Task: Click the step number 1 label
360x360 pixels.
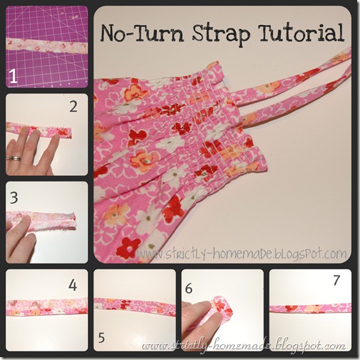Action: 14,76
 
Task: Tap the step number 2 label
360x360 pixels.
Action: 74,106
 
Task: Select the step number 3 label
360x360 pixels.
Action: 14,198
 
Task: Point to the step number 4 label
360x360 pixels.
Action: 73,285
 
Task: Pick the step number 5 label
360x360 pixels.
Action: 101,337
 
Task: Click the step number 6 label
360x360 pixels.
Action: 189,289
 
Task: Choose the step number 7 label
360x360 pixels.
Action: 336,280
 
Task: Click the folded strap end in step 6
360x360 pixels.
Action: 224,306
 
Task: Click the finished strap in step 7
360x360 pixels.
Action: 310,309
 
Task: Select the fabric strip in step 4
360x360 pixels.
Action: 46,307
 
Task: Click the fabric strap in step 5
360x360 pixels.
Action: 135,306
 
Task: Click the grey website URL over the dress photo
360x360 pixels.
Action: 241,254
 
